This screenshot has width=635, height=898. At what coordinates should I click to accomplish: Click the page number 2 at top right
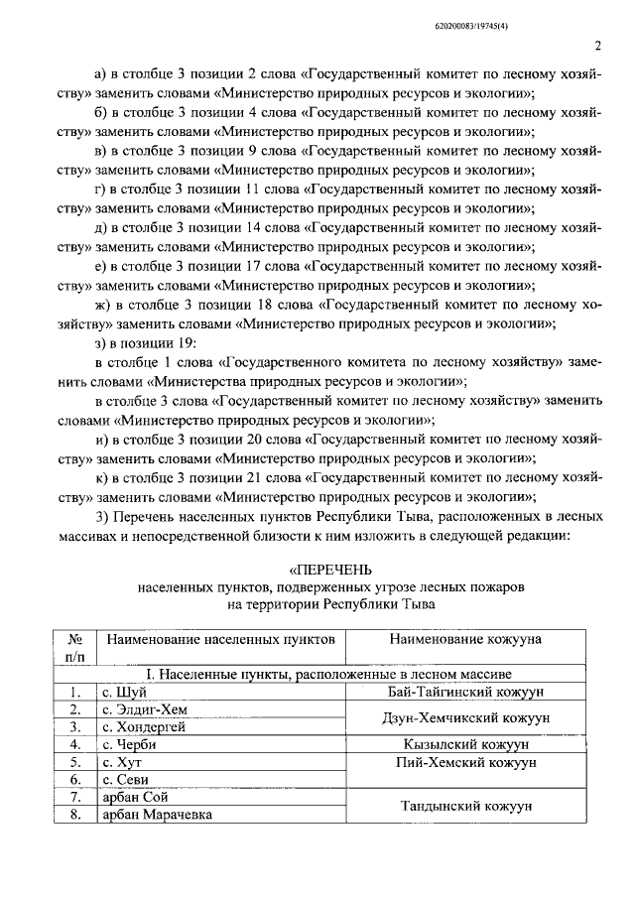598,45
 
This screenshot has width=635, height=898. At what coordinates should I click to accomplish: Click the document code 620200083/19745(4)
559,12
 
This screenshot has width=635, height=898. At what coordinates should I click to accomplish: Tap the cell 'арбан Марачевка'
156,815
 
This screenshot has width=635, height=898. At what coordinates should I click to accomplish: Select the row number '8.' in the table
74,815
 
